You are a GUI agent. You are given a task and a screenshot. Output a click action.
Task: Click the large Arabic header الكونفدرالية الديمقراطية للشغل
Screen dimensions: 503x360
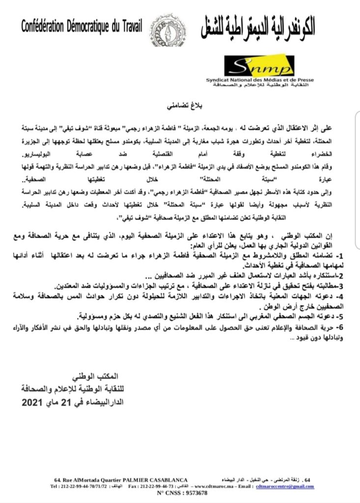pyautogui.click(x=258, y=28)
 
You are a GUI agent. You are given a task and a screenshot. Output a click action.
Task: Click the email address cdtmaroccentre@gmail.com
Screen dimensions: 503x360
pyautogui.click(x=285, y=486)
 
